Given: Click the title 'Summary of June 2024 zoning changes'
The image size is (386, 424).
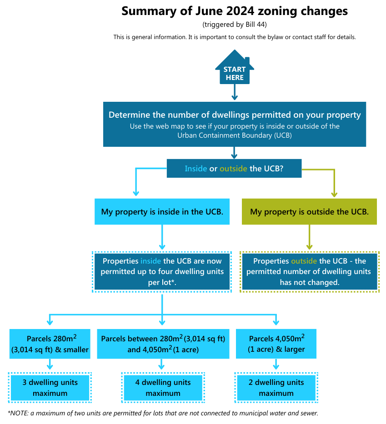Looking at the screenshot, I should tap(234, 11).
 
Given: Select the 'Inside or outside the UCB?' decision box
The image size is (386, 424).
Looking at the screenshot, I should tap(234, 169).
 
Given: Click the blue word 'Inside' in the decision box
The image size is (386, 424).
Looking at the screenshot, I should tap(196, 169).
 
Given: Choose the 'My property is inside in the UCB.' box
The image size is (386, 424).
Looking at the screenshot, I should tap(162, 212).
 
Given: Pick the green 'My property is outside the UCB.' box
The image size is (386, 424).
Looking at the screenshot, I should tap(309, 212).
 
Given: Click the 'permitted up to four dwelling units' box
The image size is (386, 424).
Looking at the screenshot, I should tap(162, 272).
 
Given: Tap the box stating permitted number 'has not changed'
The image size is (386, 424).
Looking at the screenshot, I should tap(309, 272).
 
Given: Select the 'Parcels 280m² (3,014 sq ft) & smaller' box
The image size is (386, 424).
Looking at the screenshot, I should tap(50, 344).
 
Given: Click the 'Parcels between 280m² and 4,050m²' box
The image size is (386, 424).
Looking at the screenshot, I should tap(163, 344).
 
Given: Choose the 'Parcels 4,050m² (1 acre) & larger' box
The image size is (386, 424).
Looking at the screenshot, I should tap(276, 344).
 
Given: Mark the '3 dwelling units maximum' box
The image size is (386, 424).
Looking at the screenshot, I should tap(50, 387).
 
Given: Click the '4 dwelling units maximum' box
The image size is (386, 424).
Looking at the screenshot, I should tap(163, 387).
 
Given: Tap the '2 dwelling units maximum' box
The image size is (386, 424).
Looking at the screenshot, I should tap(276, 387).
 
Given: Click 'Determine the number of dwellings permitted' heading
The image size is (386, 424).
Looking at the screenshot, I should tap(234, 115).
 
